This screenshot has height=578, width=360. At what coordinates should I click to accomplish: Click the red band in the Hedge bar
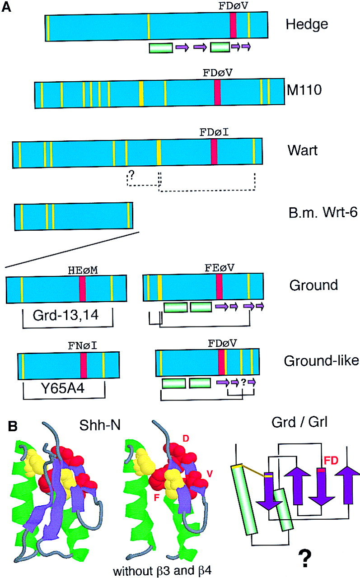pos(233,25)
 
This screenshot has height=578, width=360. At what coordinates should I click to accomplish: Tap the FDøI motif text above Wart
pos(214,133)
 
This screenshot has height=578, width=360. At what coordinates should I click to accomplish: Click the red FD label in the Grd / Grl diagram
pos(331,461)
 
